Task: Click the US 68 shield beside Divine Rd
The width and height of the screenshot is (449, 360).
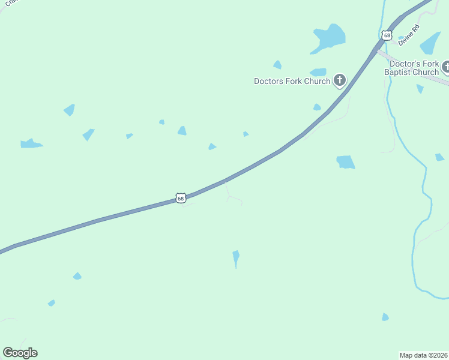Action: pyautogui.click(x=387, y=35)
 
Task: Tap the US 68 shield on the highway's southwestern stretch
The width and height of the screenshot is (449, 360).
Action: pyautogui.click(x=181, y=197)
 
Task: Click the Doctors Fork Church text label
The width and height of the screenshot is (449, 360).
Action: pyautogui.click(x=292, y=82)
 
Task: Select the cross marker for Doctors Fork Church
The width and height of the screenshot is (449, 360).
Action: pyautogui.click(x=339, y=80)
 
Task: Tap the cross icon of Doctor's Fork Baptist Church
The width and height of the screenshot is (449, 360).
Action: pyautogui.click(x=445, y=67)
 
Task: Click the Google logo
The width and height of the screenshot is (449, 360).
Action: pyautogui.click(x=20, y=353)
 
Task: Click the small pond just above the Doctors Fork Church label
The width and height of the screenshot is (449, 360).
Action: pyautogui.click(x=318, y=72)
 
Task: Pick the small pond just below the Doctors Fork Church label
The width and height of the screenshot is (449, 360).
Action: pyautogui.click(x=316, y=107)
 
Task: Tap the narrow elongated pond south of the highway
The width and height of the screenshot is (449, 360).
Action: pyautogui.click(x=236, y=258)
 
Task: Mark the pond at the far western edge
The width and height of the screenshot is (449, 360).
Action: pyautogui.click(x=30, y=144)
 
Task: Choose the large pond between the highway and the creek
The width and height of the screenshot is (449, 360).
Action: pyautogui.click(x=345, y=162)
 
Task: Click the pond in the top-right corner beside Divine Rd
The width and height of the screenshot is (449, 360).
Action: pyautogui.click(x=431, y=43)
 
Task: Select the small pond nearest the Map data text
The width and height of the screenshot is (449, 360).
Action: pyautogui.click(x=385, y=317)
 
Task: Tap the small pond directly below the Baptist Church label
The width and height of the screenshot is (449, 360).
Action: pyautogui.click(x=420, y=89)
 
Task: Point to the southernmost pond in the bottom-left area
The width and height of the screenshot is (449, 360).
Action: pyautogui.click(x=52, y=303)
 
